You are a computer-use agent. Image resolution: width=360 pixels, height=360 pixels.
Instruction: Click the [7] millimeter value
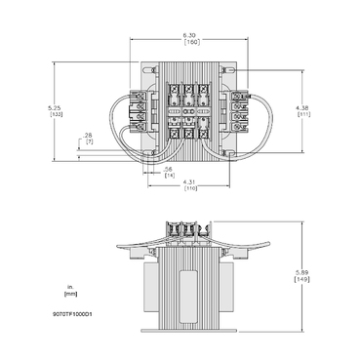click(x=89, y=142)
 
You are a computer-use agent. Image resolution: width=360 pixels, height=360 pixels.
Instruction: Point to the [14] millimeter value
click(x=169, y=176)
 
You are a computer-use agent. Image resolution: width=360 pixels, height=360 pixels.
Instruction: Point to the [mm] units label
click(x=69, y=293)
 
